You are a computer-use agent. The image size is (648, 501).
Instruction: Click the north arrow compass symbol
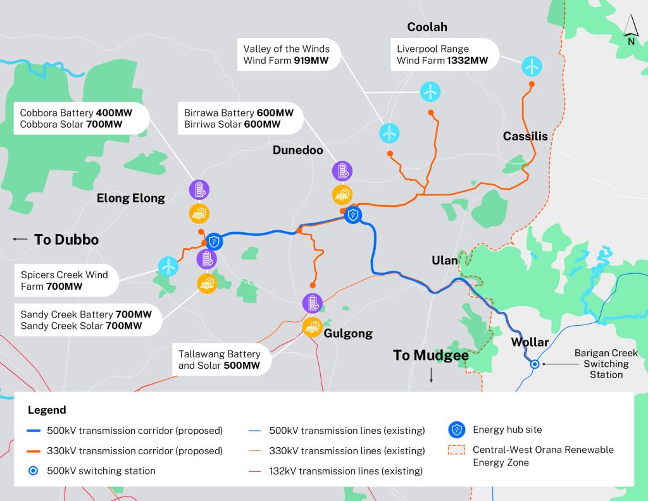tap(631, 30)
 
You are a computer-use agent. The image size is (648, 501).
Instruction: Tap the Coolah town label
tap(427, 27)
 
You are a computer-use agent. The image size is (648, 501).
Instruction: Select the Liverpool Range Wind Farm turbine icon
tap(531, 65)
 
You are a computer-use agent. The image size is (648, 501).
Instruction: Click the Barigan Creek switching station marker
tap(535, 364)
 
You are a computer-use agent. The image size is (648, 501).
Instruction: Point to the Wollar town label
tap(530, 342)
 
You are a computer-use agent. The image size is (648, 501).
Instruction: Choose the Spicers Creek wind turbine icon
tap(168, 266)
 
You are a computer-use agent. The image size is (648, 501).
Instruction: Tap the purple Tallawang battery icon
tap(311, 304)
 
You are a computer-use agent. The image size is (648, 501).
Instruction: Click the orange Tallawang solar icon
tap(311, 327)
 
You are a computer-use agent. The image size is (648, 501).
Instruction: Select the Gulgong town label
tap(349, 333)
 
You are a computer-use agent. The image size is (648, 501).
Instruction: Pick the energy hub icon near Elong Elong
tap(215, 241)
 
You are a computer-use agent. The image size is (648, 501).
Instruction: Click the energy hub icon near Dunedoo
tap(353, 216)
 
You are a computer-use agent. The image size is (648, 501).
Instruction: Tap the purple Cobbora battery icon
tap(199, 189)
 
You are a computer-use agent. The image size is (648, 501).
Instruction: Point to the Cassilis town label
tap(525, 136)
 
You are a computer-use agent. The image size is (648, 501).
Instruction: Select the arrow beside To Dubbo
tap(20, 239)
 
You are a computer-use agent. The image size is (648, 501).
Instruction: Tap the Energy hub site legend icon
tap(456, 430)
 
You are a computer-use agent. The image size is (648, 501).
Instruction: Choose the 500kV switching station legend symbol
tap(35, 471)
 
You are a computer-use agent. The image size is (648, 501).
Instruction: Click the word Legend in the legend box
tap(47, 410)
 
